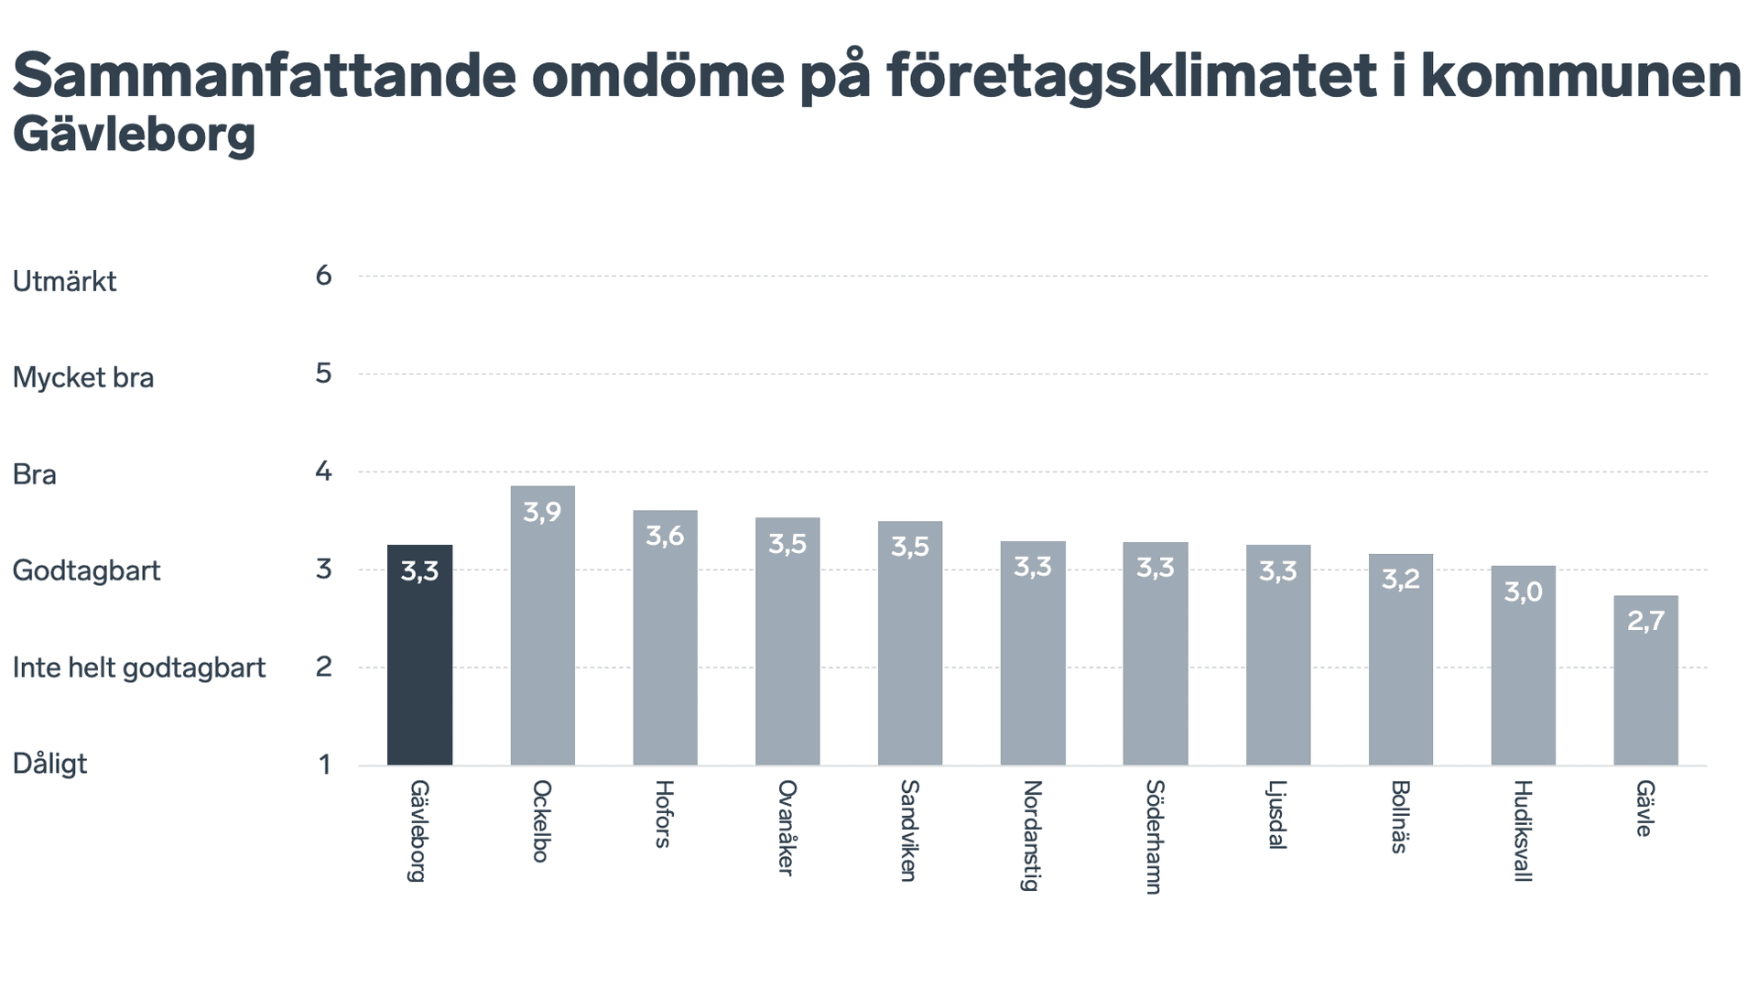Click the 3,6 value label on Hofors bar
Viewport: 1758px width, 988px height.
[665, 536]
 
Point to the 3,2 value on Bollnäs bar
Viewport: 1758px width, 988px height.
[1400, 580]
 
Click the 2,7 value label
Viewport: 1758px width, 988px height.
[1645, 621]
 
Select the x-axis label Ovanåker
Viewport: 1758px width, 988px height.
[787, 828]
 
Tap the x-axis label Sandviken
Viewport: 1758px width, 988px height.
[909, 831]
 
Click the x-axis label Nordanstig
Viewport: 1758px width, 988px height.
[1032, 835]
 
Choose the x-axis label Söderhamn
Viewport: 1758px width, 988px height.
[1155, 837]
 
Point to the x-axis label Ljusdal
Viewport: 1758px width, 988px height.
[1277, 815]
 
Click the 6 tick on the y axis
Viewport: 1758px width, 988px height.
[323, 276]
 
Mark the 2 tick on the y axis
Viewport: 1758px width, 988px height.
[323, 667]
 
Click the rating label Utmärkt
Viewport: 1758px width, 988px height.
[64, 281]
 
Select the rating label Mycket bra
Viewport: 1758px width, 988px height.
[83, 377]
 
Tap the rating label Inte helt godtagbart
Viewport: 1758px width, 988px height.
[139, 668]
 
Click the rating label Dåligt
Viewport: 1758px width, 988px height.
[49, 764]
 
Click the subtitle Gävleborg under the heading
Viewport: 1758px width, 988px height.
[134, 136]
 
